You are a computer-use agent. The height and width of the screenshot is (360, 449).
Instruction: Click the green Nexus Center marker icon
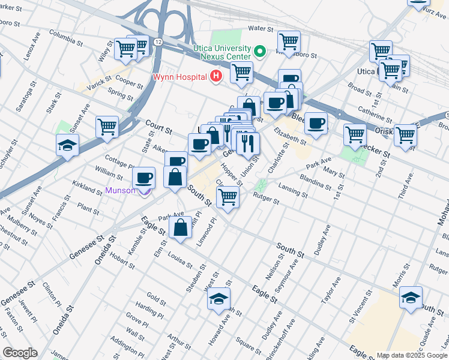(260, 52)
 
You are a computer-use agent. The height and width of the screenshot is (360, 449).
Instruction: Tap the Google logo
(20, 353)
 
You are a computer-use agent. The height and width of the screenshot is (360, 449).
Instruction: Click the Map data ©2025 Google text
(411, 355)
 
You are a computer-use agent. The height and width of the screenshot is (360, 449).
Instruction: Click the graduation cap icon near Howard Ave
(218, 299)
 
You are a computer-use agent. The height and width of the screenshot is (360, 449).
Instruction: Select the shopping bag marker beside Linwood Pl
(181, 227)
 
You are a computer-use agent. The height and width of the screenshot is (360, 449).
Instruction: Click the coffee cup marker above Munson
(144, 178)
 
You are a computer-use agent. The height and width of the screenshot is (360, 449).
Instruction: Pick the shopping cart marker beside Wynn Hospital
(241, 72)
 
